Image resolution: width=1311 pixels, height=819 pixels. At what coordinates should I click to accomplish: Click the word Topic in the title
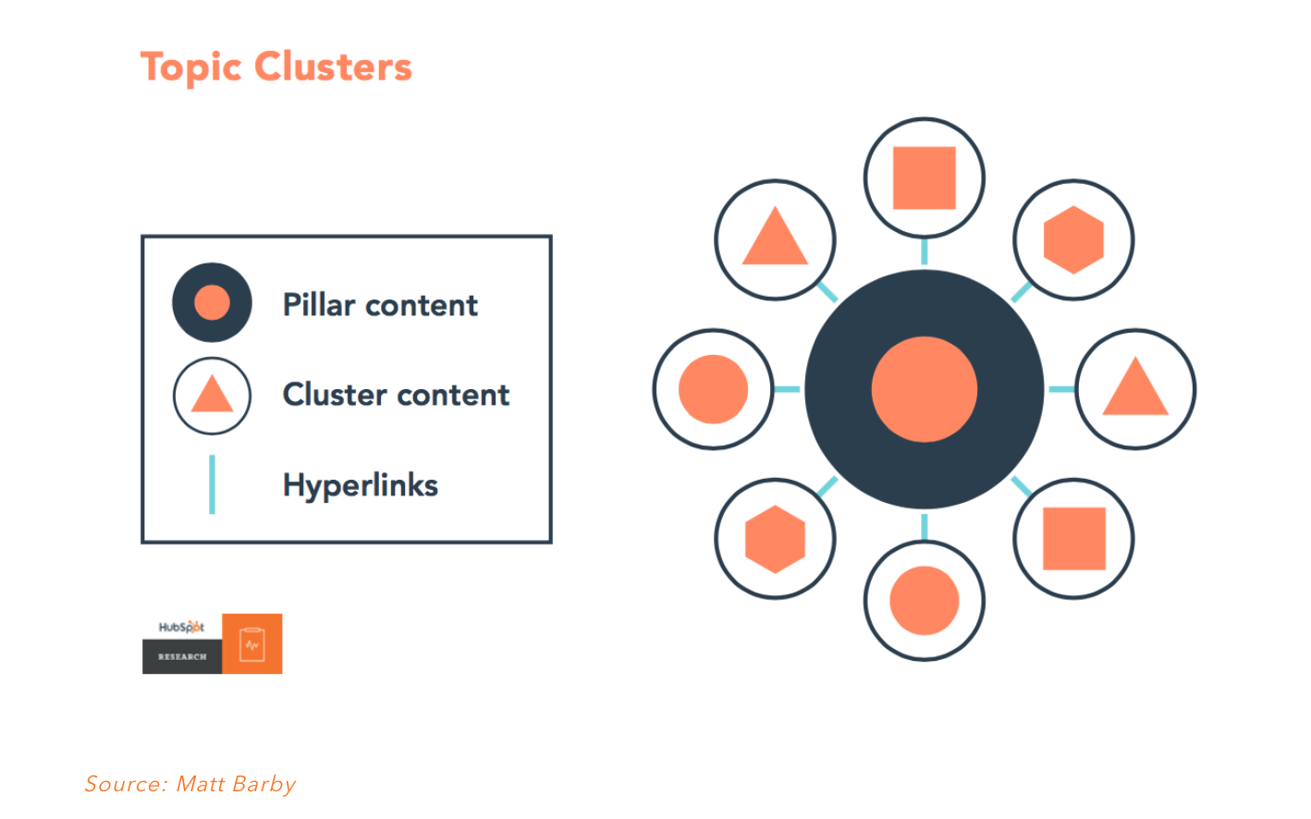click(190, 67)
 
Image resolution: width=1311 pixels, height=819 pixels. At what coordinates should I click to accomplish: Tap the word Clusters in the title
click(334, 67)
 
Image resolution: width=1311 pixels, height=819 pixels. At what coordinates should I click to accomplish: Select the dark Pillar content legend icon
click(212, 302)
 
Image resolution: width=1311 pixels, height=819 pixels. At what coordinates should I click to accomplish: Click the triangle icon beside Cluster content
click(212, 396)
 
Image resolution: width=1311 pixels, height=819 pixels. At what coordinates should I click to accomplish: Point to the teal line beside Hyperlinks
click(212, 484)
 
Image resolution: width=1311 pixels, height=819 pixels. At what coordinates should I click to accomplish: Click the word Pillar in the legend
click(319, 305)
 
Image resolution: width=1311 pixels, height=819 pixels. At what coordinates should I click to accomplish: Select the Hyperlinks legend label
click(361, 485)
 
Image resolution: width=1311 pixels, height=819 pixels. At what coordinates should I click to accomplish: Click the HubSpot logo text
click(181, 627)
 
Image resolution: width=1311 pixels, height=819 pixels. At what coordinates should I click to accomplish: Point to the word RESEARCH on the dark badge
click(182, 657)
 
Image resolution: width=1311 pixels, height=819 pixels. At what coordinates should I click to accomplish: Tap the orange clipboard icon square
click(252, 643)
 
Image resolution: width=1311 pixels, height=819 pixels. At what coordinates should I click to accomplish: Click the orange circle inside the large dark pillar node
click(925, 389)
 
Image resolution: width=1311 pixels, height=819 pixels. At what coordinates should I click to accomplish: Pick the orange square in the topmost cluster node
click(925, 177)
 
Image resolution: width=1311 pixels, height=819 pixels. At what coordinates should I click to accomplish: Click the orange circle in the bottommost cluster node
click(925, 600)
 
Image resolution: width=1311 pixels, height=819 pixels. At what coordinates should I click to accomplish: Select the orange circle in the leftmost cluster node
click(713, 389)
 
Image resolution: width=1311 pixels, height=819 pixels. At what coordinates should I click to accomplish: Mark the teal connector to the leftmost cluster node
click(787, 389)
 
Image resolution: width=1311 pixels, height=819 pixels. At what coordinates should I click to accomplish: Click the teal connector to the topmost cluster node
click(925, 251)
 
